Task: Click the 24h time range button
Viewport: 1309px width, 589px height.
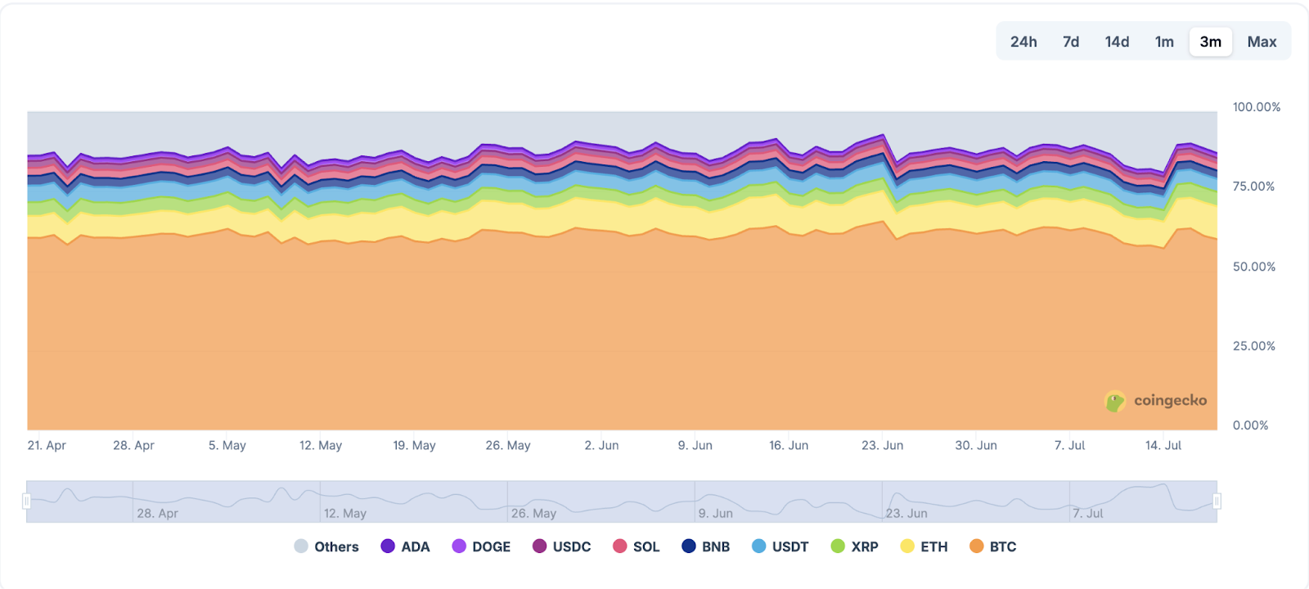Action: (x=1023, y=42)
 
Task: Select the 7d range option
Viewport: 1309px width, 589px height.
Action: (x=1071, y=42)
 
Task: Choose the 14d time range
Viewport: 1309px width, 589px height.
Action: (x=1117, y=42)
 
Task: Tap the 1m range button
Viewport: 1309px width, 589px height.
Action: (x=1164, y=42)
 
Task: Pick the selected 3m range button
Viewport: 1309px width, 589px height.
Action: (x=1211, y=42)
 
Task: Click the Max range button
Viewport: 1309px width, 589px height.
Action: (x=1262, y=42)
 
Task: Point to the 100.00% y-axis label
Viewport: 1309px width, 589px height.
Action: (x=1256, y=107)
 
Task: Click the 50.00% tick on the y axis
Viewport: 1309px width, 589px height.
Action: (x=1253, y=267)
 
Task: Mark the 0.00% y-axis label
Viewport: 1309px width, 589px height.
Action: (x=1250, y=425)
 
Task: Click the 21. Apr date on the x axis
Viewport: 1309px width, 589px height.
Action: (x=47, y=445)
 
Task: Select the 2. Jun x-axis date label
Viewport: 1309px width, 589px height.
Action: (x=601, y=445)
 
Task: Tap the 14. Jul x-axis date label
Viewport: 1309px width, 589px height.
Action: (x=1163, y=445)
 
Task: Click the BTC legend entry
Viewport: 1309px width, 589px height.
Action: (x=992, y=546)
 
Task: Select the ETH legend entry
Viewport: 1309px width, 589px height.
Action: (x=924, y=546)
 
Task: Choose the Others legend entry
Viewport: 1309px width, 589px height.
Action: (x=326, y=546)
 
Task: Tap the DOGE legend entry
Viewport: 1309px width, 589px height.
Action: (x=481, y=546)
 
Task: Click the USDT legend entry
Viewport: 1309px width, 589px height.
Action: (x=780, y=546)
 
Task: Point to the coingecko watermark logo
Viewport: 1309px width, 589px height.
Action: (x=1155, y=401)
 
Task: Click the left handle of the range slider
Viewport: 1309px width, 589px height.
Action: (x=27, y=501)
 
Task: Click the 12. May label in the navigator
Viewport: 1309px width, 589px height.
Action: (x=344, y=513)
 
